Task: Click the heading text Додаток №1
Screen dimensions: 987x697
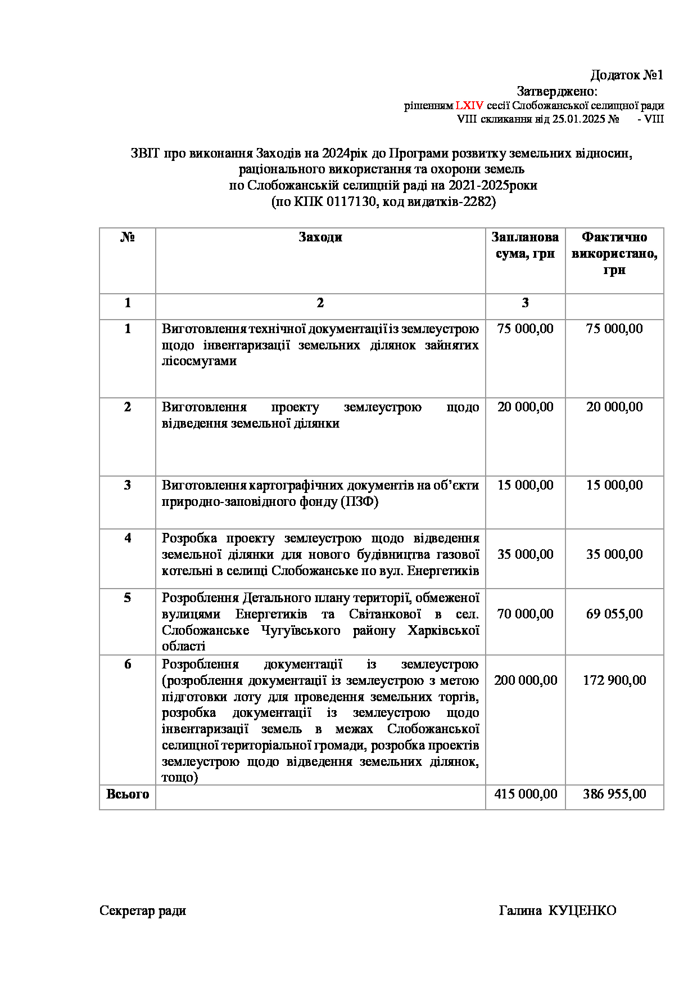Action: click(x=627, y=75)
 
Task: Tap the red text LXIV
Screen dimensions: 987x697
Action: click(x=469, y=106)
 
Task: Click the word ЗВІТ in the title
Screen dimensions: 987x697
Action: click(x=146, y=153)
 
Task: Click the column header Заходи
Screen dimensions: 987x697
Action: click(x=320, y=237)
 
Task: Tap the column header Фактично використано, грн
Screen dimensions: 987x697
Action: click(x=614, y=253)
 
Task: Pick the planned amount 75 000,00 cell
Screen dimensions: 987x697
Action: click(x=525, y=329)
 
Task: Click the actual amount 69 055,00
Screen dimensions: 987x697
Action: click(x=614, y=614)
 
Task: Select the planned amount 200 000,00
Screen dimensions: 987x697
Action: click(x=525, y=680)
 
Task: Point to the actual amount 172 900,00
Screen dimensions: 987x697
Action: click(x=614, y=680)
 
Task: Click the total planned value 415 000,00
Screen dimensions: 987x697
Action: click(x=525, y=794)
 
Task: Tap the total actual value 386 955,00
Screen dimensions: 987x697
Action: click(x=614, y=794)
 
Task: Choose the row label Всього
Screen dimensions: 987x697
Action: click(x=128, y=794)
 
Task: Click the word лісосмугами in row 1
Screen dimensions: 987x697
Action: click(x=199, y=361)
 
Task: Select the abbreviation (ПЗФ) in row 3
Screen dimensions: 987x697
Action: click(x=360, y=501)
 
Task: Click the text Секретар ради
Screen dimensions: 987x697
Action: click(x=143, y=911)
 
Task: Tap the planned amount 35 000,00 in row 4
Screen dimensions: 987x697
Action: click(x=525, y=554)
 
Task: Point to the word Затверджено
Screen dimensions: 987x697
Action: click(x=556, y=91)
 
